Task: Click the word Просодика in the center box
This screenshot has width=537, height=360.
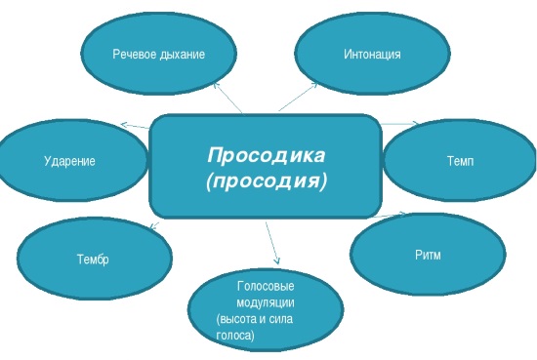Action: pyautogui.click(x=265, y=154)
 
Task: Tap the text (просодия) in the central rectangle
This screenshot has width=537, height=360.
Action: pyautogui.click(x=265, y=180)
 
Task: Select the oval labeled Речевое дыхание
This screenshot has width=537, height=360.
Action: pyautogui.click(x=158, y=54)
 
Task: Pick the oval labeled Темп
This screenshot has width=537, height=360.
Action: pyautogui.click(x=459, y=160)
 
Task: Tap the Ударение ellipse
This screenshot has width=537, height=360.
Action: pyautogui.click(x=69, y=159)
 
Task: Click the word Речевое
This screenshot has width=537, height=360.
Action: pyautogui.click(x=135, y=54)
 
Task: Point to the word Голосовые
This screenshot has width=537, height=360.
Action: pyautogui.click(x=266, y=286)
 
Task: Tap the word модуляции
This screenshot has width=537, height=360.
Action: pyautogui.click(x=266, y=302)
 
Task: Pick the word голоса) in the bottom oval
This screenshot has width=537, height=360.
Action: pyautogui.click(x=234, y=335)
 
